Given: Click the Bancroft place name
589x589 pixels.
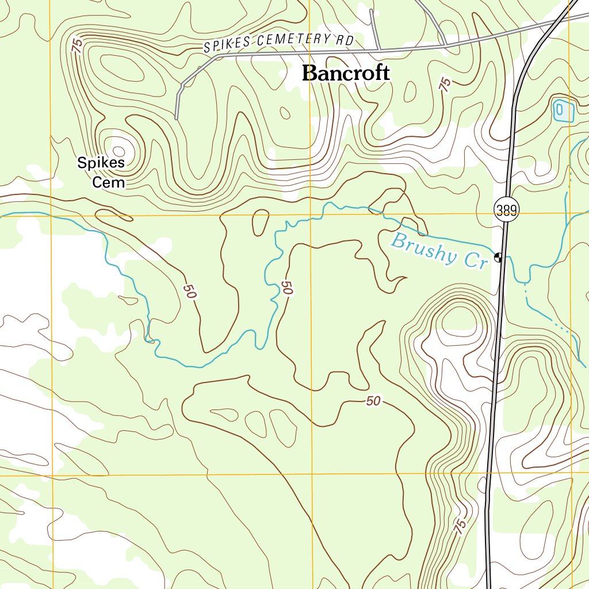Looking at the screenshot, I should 346,74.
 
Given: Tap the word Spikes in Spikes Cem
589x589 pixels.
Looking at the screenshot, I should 101,163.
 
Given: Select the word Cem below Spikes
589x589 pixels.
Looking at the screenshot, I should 109,183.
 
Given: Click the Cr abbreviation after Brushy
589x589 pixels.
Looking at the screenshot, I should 476,261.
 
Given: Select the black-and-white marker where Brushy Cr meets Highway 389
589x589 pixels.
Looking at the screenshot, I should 498,257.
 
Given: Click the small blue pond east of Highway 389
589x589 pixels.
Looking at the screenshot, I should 563,110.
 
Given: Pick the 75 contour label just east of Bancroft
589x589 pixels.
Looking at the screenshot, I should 445,85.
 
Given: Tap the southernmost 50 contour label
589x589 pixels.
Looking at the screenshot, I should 373,401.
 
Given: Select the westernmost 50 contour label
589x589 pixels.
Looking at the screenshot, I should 190,291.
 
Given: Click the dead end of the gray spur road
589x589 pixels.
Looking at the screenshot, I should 176,118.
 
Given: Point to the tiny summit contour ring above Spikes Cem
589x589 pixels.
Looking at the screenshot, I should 114,147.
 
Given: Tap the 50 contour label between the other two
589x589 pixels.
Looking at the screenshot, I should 288,288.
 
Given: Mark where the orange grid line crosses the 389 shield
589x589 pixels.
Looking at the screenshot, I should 506,214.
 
